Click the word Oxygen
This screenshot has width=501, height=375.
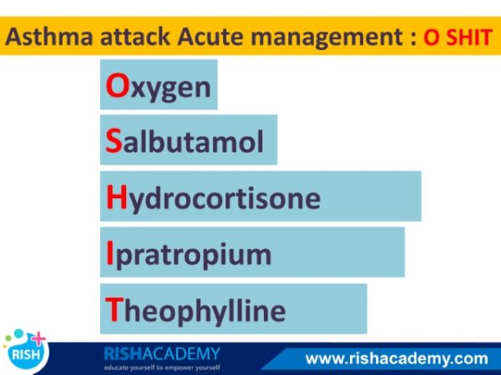(158, 87)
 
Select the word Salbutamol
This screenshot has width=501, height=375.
(185, 142)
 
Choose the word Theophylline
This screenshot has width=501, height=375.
(195, 311)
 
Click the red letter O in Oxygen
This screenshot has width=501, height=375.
(117, 86)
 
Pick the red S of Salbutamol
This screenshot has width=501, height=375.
(114, 142)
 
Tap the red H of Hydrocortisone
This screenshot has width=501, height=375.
(117, 197)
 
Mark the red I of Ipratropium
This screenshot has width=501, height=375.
(109, 253)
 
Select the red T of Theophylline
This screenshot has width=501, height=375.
(114, 309)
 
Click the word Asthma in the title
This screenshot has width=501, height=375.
(49, 37)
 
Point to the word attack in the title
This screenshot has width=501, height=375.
(135, 37)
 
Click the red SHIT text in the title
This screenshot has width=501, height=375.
(469, 37)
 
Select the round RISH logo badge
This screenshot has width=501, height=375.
(26, 352)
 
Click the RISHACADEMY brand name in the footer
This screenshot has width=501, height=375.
(162, 354)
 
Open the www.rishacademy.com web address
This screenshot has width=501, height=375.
(397, 358)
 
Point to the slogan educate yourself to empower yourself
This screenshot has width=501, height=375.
(162, 367)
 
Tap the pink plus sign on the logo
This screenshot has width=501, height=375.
(38, 338)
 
